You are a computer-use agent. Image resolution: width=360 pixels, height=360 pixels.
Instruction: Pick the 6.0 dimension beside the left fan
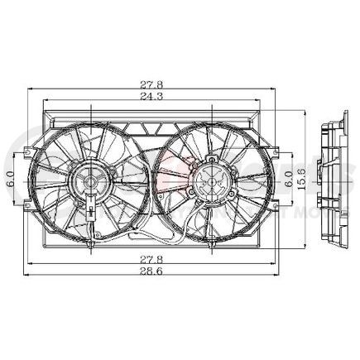[x=10, y=177]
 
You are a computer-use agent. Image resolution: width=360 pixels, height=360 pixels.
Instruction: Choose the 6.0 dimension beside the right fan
[x=287, y=177]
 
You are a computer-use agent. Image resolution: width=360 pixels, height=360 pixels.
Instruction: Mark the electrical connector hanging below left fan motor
[x=89, y=217]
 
